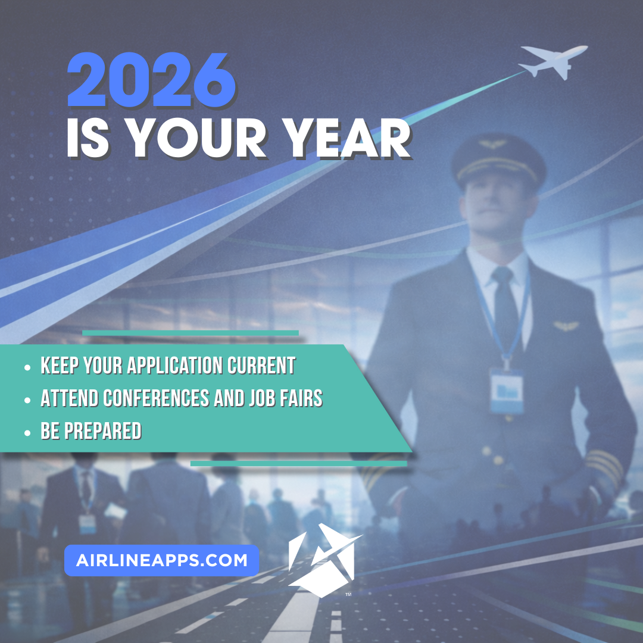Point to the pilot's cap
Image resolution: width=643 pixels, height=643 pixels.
tap(498, 156)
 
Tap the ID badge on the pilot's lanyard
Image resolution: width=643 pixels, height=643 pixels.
tap(506, 391)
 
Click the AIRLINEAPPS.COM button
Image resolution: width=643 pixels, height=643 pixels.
tap(161, 560)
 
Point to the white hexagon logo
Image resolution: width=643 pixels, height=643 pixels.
tap(321, 560)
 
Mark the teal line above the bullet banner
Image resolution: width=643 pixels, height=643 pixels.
tap(190, 333)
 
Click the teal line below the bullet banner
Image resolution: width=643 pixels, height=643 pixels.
tap(298, 463)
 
